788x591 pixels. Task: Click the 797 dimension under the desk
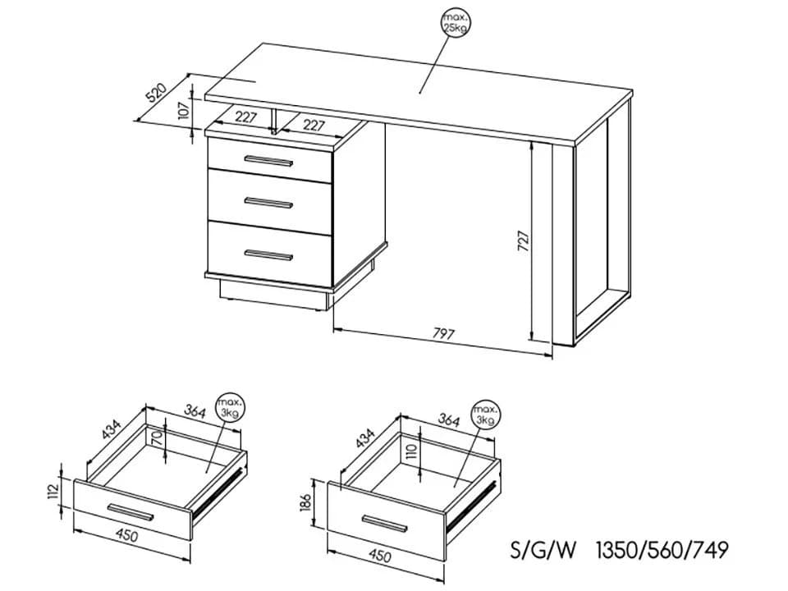tap(443, 334)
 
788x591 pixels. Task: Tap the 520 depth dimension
tap(156, 92)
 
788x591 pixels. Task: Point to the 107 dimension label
tap(183, 109)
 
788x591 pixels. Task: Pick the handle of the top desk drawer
tap(268, 161)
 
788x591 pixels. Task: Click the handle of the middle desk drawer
tap(268, 203)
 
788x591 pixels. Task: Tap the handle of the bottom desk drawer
tap(268, 254)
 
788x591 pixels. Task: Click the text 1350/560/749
tap(662, 550)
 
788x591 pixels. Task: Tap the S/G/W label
tap(543, 550)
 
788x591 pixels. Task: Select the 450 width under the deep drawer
tap(380, 556)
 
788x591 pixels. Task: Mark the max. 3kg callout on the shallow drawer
tap(230, 408)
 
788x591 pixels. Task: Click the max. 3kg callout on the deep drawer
tap(487, 415)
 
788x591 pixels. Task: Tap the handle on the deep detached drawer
tap(385, 523)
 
